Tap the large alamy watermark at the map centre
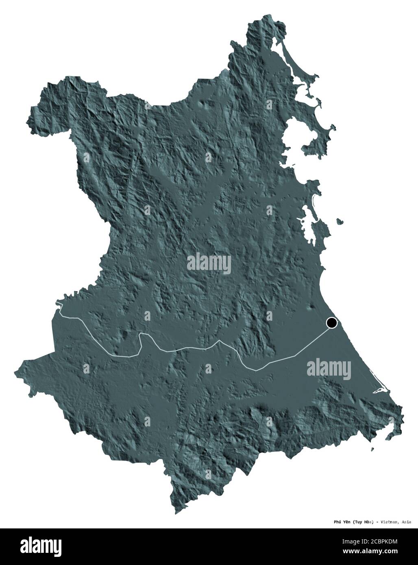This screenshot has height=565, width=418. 209,263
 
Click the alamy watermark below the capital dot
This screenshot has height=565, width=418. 329,368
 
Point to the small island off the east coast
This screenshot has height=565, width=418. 340,222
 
